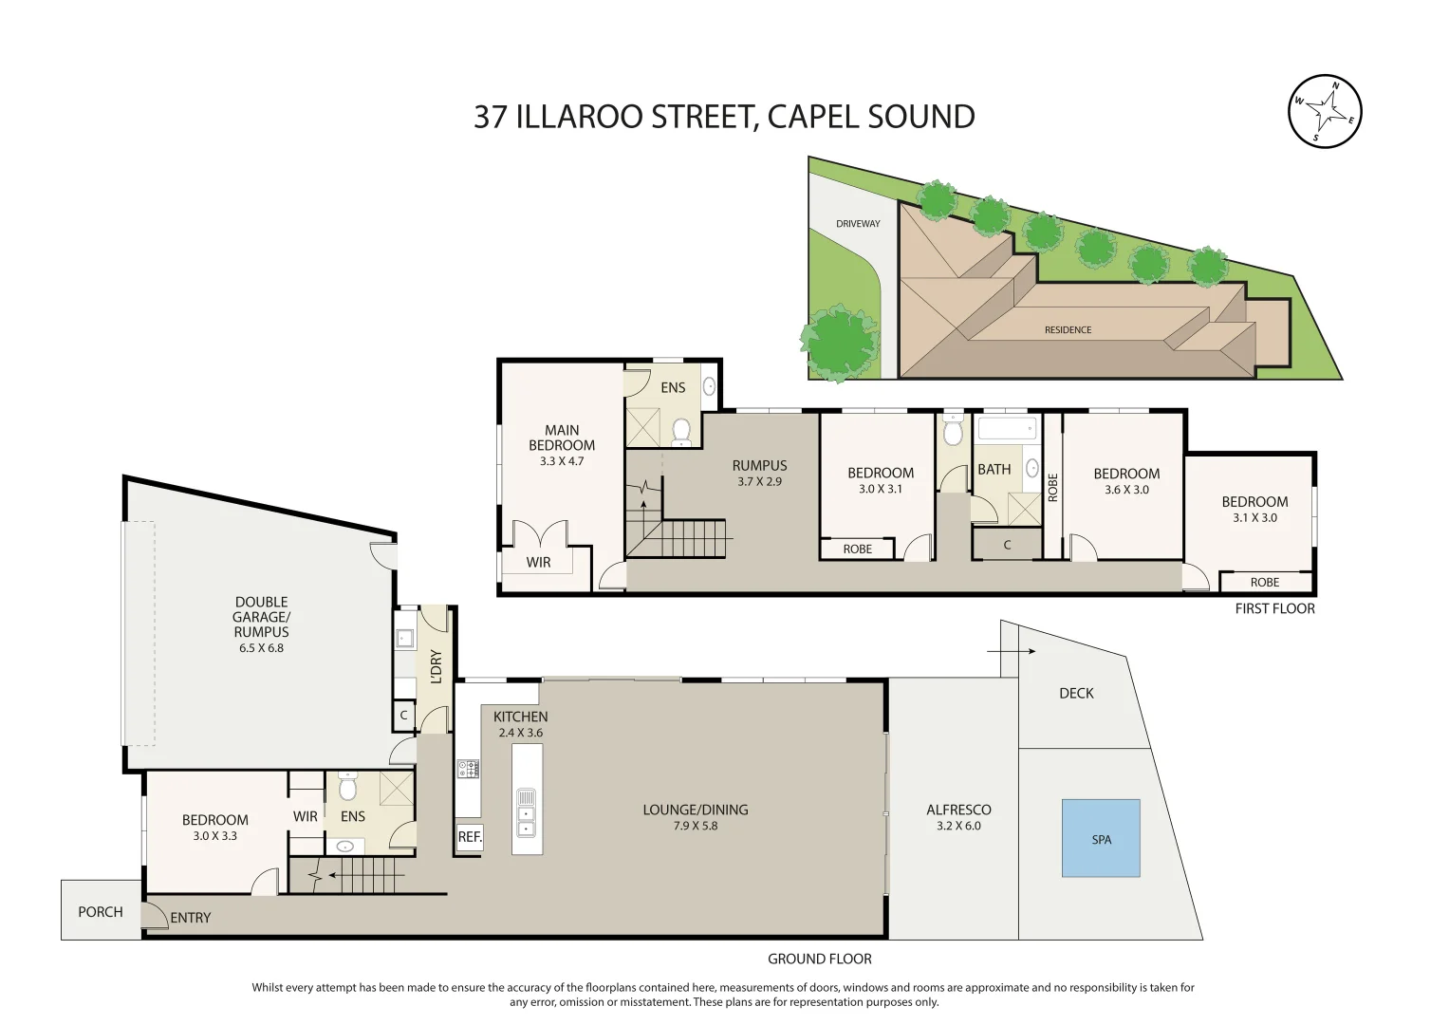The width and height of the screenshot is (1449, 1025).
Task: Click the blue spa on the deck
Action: [x=1101, y=838]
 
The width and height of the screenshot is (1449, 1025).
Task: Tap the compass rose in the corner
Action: [x=1325, y=111]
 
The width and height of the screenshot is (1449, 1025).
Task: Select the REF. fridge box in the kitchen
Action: [x=470, y=837]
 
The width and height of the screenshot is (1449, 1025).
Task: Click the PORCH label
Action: [x=101, y=912]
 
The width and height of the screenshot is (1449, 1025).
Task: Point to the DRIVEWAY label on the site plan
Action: [x=858, y=224]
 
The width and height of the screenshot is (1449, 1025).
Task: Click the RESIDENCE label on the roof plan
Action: [x=1068, y=330]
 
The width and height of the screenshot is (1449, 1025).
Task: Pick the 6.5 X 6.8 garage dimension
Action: [x=261, y=648]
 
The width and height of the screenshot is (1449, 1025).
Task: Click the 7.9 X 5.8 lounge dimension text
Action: [x=696, y=826]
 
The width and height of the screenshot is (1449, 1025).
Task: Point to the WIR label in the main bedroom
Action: [x=538, y=562]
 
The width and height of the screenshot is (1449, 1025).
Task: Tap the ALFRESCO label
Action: [x=958, y=810]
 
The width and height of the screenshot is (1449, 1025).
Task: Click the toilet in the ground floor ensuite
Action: [x=347, y=788]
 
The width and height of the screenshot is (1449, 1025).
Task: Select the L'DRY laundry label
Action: [x=437, y=666]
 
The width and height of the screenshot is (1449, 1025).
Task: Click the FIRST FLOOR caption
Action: [x=1274, y=608]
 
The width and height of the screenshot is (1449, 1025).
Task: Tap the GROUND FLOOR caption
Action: [x=820, y=959]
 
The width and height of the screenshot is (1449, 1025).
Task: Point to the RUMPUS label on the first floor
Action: [x=759, y=465]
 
